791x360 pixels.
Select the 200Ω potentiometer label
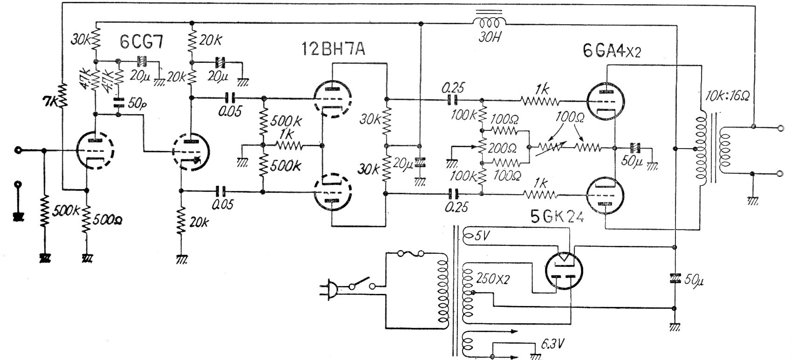[x=502, y=148]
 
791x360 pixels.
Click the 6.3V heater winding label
[x=551, y=346]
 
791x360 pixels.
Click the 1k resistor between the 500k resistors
[x=290, y=146]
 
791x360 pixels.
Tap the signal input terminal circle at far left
[x=18, y=150]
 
